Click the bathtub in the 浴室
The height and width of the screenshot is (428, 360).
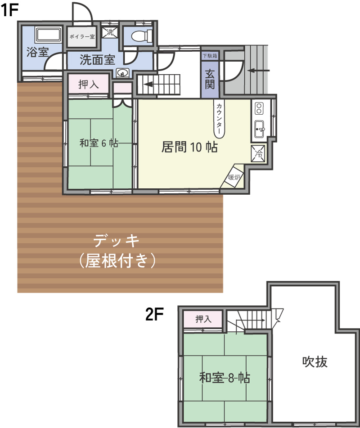click(x=48, y=34)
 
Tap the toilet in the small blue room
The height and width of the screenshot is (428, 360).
click(x=141, y=36)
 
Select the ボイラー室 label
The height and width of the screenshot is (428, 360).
click(x=82, y=36)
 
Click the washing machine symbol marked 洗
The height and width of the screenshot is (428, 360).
click(x=110, y=32)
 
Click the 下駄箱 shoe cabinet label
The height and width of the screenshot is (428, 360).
click(x=210, y=56)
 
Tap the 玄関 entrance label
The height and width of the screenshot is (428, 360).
click(x=210, y=79)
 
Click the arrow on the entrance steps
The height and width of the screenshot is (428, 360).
click(x=259, y=71)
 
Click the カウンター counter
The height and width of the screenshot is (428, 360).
click(x=219, y=119)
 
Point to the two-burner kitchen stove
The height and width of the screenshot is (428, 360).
click(x=259, y=108)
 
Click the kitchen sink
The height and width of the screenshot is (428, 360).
click(x=260, y=129)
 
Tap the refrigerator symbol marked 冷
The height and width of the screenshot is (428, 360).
click(x=258, y=153)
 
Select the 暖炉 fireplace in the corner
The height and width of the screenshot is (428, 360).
click(x=234, y=177)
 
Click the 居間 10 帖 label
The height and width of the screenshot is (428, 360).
click(x=189, y=147)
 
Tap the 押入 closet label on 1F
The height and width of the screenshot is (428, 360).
click(x=88, y=84)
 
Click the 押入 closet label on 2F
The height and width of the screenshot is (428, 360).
click(x=203, y=319)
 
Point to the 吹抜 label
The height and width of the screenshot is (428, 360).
click(x=315, y=361)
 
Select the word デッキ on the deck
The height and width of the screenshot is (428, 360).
click(x=117, y=241)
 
